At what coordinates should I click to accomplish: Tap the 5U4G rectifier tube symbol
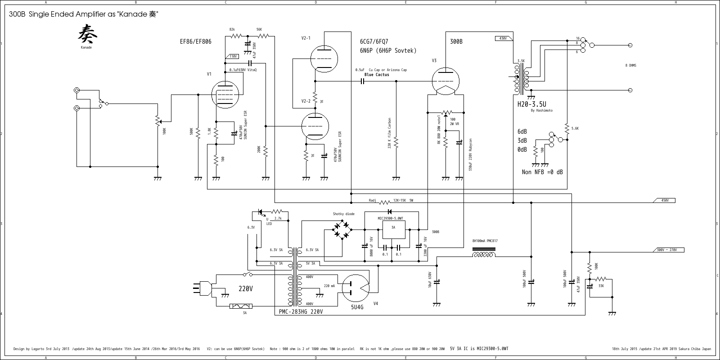click(356, 288)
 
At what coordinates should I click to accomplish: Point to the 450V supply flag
click(664, 200)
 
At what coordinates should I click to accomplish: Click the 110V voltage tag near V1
click(233, 57)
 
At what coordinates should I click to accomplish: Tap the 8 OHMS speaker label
click(630, 66)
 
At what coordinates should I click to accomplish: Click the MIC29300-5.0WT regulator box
click(393, 232)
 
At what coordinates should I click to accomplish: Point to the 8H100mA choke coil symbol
click(484, 255)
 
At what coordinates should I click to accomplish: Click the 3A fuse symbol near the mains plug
click(241, 306)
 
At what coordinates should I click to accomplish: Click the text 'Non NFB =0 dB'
click(542, 172)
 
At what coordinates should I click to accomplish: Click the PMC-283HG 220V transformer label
click(301, 311)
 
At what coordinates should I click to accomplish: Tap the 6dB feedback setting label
click(522, 132)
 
